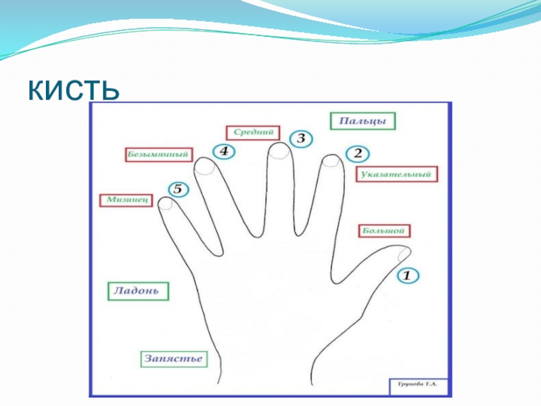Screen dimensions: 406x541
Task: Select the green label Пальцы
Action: (x=362, y=121)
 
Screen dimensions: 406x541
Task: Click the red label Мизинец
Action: (x=127, y=201)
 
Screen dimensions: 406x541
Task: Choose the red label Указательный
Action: (x=396, y=175)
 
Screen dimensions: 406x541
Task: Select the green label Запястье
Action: (x=172, y=359)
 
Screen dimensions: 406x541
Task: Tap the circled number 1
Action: (x=407, y=275)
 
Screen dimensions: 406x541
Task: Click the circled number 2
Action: (x=358, y=153)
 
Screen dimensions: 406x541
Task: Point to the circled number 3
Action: (x=301, y=139)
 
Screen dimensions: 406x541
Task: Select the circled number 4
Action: (x=223, y=152)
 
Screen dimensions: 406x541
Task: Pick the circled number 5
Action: (x=177, y=189)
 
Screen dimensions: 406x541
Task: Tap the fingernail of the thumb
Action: (x=404, y=254)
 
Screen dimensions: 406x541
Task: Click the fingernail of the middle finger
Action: (x=279, y=152)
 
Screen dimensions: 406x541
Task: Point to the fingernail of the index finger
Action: (x=331, y=161)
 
